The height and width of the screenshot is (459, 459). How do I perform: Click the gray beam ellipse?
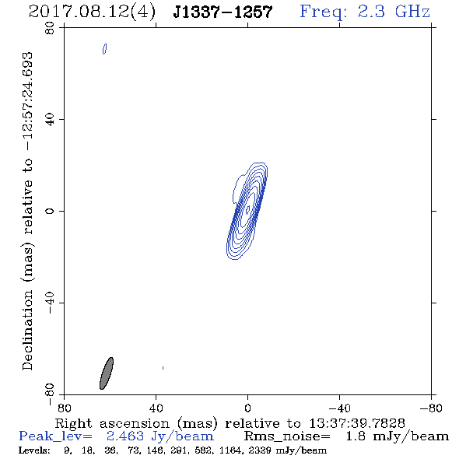point(107,373)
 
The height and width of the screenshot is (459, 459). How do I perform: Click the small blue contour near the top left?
point(104,49)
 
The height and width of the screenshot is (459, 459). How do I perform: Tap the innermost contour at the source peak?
point(247,209)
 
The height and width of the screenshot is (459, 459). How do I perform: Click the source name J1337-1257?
point(222,12)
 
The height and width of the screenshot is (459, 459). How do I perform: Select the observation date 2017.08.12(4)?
point(92,12)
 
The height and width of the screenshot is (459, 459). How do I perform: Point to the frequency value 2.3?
point(371,12)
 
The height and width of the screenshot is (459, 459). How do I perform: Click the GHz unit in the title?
point(412,12)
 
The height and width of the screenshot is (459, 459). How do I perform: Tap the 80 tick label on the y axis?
point(50,28)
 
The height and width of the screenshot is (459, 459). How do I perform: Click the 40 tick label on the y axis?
point(50,120)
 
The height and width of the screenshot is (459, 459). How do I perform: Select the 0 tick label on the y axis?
point(50,211)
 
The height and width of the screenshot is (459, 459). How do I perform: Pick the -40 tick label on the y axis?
point(50,303)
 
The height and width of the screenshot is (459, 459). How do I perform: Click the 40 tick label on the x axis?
point(156,408)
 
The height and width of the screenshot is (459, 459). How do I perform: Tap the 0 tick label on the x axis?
point(247,408)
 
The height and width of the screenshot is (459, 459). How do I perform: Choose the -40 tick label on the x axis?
point(339,408)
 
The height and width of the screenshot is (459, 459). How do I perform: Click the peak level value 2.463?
point(125,436)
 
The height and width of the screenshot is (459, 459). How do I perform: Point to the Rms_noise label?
point(287,436)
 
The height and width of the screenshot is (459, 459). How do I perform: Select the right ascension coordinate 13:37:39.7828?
point(357,423)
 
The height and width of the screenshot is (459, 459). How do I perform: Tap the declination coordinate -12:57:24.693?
point(28,102)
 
